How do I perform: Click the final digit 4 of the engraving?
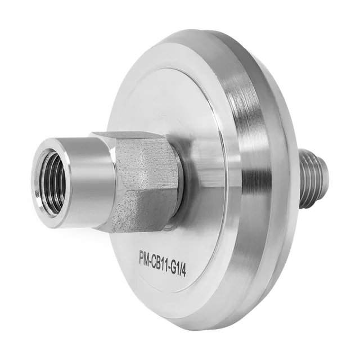coord(184,272)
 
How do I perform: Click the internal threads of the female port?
coord(52,181)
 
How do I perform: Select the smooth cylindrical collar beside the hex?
coord(89,181)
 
